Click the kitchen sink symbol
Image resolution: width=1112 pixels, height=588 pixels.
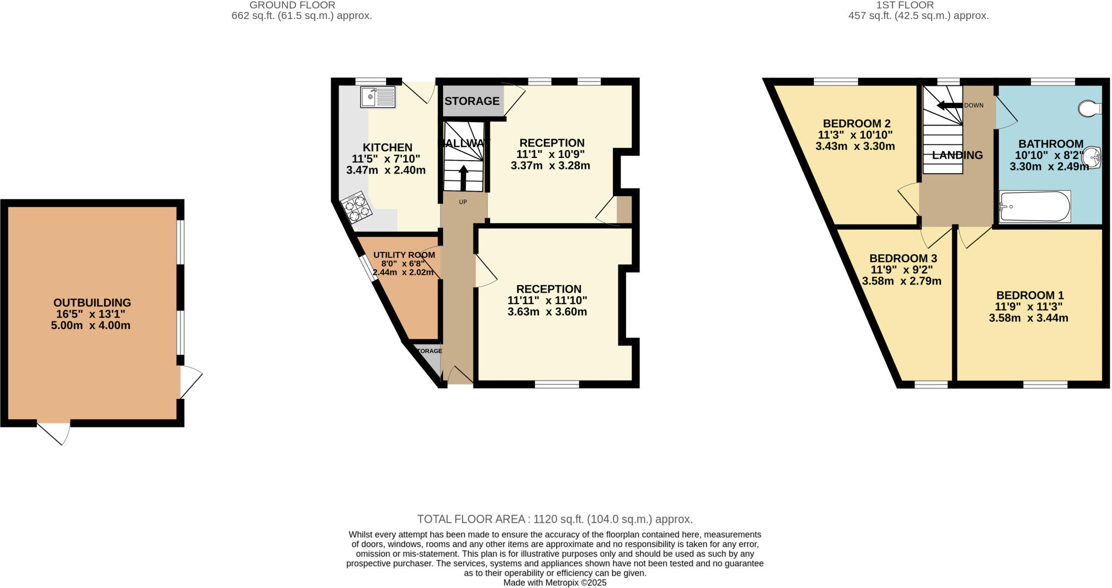pos(377,97)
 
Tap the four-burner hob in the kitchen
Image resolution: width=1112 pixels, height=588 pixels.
pos(356,209)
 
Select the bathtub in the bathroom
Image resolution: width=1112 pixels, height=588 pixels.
pos(1035,206)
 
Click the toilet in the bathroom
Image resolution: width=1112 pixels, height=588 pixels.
pos(1090,109)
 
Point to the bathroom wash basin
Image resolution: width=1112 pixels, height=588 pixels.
pos(1094,157)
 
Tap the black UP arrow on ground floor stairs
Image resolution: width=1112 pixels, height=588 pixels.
pos(463,175)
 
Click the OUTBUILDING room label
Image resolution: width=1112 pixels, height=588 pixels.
pos(92,303)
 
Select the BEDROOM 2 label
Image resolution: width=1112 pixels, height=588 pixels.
pos(856,123)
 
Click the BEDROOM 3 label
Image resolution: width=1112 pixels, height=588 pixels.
pos(902,258)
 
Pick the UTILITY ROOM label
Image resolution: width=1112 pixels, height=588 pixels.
pos(404,255)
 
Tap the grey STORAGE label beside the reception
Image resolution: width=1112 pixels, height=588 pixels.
pos(472,101)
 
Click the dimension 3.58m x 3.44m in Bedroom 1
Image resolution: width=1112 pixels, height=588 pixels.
pos(1028,318)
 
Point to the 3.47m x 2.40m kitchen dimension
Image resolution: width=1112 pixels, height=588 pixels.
pos(386,170)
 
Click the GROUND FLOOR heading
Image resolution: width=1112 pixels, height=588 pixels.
pos(292,5)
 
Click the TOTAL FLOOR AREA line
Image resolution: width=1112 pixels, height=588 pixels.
pos(554,519)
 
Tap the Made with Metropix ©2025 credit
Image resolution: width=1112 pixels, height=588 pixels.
pos(554,583)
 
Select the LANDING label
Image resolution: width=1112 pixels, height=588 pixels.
pos(957,155)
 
